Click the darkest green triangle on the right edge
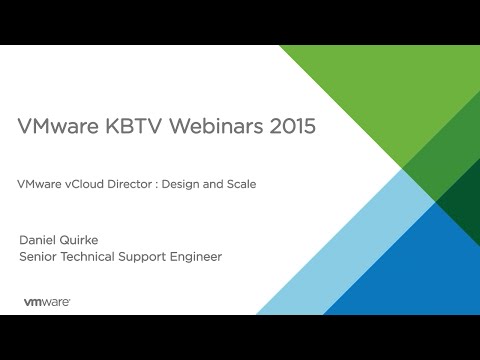(x=465, y=200)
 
